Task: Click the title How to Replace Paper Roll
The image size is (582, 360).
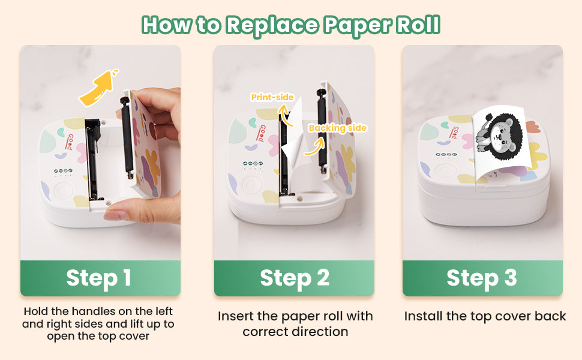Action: [291, 25]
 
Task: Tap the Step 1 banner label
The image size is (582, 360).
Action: [99, 278]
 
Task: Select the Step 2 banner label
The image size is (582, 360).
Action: [295, 278]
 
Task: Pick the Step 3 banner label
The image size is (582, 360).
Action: [482, 278]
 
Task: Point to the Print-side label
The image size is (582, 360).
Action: [272, 97]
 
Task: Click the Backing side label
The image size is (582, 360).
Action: [338, 128]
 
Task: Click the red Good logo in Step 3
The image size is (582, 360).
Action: [454, 133]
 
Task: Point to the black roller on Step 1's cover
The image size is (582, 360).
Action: [126, 137]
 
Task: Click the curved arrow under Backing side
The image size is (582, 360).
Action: [315, 147]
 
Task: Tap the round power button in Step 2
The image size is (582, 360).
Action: [251, 184]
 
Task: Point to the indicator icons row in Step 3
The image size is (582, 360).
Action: [446, 154]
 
